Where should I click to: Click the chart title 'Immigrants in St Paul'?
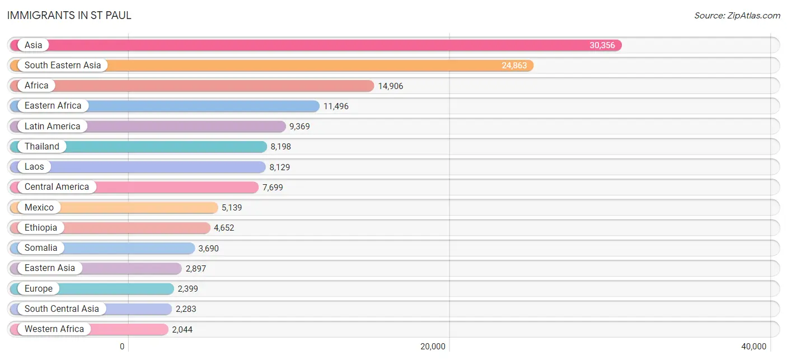point(69,16)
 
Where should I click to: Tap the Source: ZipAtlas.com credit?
point(737,16)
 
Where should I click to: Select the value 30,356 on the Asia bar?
point(602,45)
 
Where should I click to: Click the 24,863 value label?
point(514,66)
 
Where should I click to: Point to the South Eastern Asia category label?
point(63,66)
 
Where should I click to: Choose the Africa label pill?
point(36,86)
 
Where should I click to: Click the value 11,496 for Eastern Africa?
point(336,106)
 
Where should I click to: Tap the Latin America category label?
point(53,126)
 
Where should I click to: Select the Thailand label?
point(42,146)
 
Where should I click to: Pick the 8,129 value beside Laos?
point(280,167)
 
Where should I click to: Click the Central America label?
point(57,186)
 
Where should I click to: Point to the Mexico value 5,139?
point(232,207)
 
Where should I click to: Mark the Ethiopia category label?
point(41,227)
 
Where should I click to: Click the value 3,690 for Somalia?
point(209,248)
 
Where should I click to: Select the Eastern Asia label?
point(50,268)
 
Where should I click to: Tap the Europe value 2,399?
point(188,289)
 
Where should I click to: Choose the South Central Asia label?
point(62,308)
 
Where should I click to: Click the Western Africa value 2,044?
point(182,329)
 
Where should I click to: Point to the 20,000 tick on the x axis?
point(433,347)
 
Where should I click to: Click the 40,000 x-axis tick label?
point(754,347)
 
